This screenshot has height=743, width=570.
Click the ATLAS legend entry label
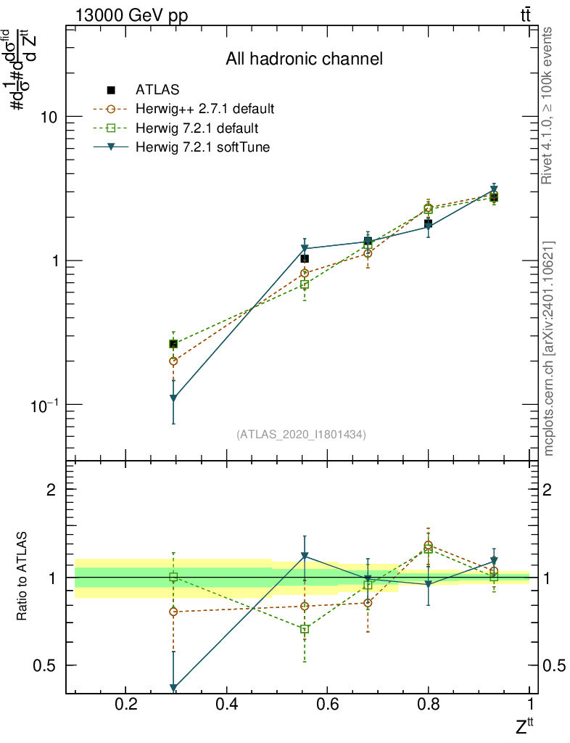click(157, 90)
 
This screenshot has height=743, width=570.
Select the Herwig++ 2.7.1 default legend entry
click(205, 110)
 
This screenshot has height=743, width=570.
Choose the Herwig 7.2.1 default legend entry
click(197, 128)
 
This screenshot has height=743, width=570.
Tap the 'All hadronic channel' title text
click(304, 59)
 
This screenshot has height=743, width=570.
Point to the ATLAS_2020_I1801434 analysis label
click(301, 435)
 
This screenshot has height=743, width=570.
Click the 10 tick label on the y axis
click(48, 117)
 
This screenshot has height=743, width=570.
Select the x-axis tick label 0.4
click(227, 704)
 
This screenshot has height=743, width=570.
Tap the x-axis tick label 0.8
click(429, 704)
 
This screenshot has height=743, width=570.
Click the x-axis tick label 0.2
click(126, 704)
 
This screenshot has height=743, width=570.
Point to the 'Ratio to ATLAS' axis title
click(22, 576)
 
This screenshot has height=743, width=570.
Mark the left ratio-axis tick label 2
click(51, 490)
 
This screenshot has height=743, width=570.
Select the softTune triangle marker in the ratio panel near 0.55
click(305, 557)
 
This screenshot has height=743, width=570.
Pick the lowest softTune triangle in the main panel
click(173, 398)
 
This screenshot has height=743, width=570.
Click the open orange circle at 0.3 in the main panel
click(173, 361)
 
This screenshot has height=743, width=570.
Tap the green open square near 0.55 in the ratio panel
click(305, 629)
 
